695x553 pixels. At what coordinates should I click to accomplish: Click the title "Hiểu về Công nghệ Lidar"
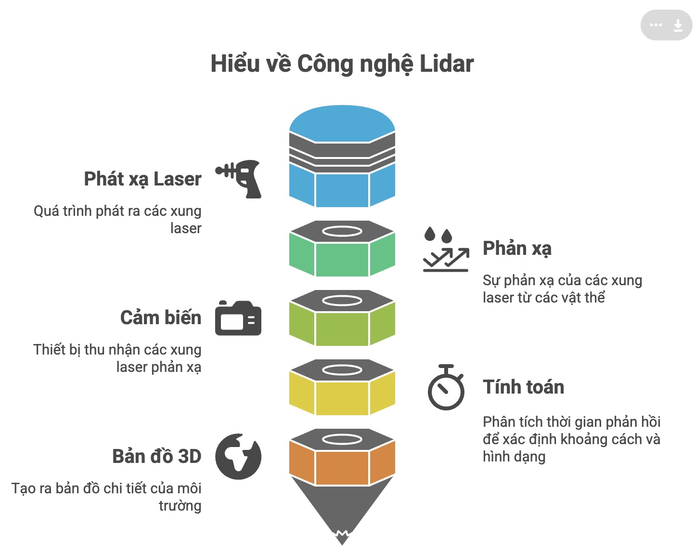point(342,64)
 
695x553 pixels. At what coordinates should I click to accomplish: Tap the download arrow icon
point(678,25)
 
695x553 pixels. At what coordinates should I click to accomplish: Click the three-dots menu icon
point(656,25)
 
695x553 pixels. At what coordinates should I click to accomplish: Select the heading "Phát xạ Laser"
point(142,179)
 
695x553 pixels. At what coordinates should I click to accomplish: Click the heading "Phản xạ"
point(517,249)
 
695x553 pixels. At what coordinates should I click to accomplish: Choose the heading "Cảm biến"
point(161,318)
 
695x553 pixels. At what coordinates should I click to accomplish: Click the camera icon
point(238,318)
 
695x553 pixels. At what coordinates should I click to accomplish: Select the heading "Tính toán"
point(523,387)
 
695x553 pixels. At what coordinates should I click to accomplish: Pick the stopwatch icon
point(446,388)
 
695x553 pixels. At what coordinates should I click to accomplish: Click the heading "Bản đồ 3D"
point(156,457)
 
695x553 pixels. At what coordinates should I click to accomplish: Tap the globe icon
point(238,457)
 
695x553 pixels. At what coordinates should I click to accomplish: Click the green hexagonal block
point(342,258)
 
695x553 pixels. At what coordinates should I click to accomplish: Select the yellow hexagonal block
point(342,397)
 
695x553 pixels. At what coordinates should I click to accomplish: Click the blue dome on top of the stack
point(342,123)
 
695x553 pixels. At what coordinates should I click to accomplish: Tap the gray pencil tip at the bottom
point(342,511)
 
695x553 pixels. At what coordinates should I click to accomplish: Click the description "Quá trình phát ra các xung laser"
point(118,219)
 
